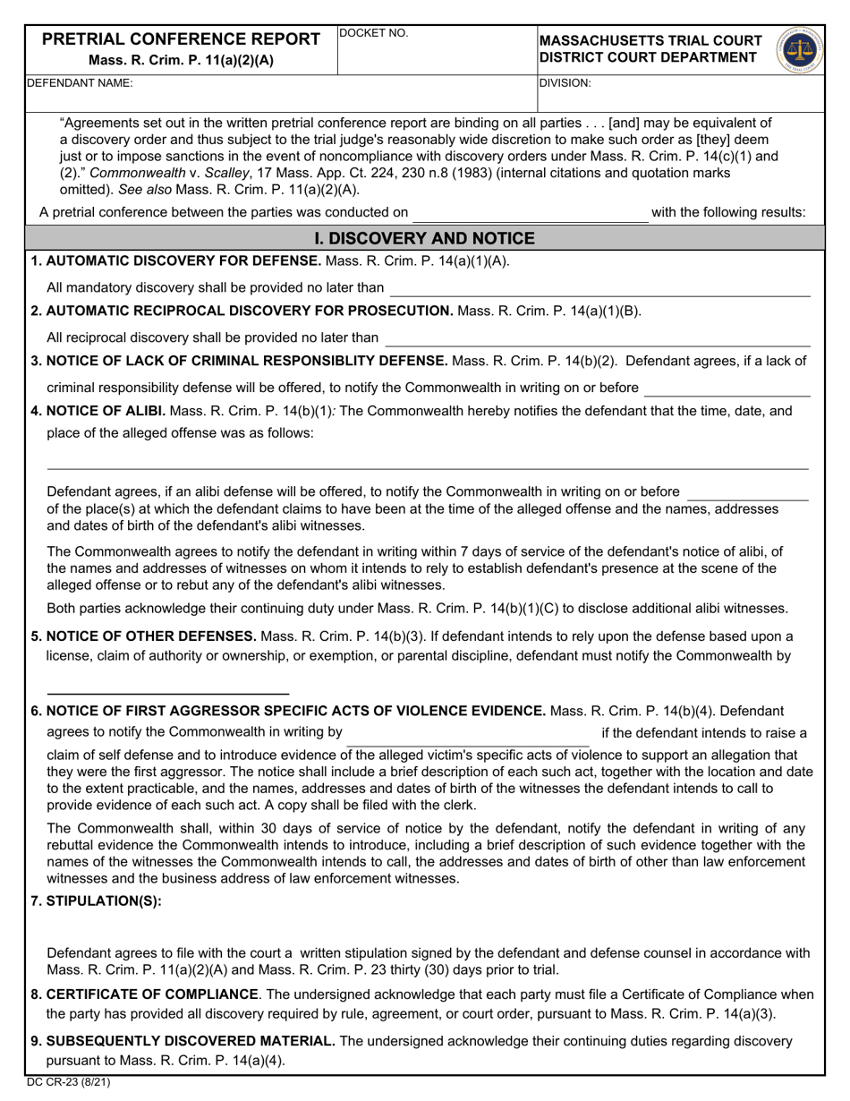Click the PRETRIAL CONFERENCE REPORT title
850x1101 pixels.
[x=182, y=39]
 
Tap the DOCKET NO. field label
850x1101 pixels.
[x=375, y=34]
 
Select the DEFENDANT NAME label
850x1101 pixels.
[x=80, y=82]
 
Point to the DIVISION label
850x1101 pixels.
[x=565, y=82]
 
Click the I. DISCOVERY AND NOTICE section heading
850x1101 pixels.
[x=425, y=238]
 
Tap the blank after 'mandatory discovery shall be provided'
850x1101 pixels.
[x=599, y=289]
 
